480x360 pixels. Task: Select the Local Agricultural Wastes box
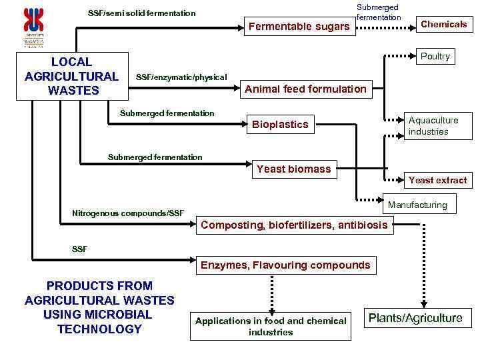[x=71, y=76]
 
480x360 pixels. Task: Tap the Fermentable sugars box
[x=299, y=27]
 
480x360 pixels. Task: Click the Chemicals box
[x=443, y=25]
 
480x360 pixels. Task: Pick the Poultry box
[x=435, y=57]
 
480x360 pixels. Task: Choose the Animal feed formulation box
[x=306, y=89]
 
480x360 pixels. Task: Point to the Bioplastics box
[x=280, y=124]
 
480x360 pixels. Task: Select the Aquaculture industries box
[x=433, y=125]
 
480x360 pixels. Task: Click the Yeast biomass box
[x=293, y=169]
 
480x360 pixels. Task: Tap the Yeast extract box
[x=437, y=180]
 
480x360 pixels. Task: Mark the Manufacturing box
[x=417, y=205]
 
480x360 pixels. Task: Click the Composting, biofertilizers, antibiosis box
[x=294, y=225]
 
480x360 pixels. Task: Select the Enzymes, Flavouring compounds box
[x=285, y=265]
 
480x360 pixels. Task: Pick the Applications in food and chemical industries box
[x=271, y=326]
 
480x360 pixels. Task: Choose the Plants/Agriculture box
[x=415, y=318]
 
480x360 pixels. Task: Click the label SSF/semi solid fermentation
[x=142, y=13]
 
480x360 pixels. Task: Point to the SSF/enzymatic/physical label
[x=181, y=78]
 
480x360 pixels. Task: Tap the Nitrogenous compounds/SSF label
[x=127, y=213]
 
